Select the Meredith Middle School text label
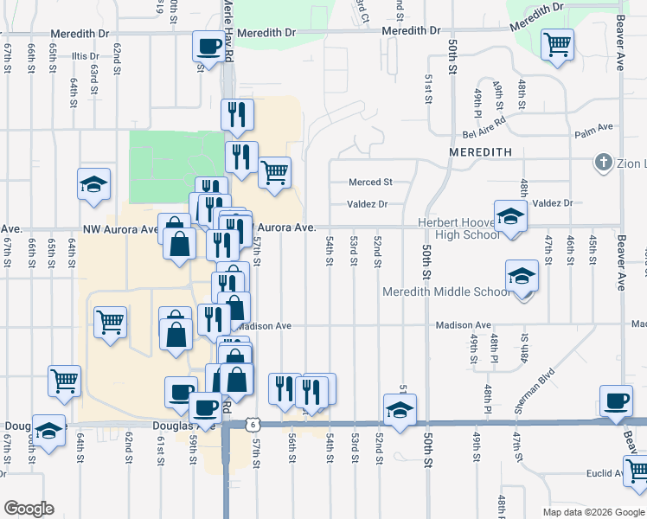446,292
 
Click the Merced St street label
370,183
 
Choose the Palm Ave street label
593,129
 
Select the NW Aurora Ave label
121,229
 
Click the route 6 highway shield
251,424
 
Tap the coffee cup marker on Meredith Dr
208,47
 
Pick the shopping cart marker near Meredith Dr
557,43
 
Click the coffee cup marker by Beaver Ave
616,400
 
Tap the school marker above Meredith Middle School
522,277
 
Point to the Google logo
29,508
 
